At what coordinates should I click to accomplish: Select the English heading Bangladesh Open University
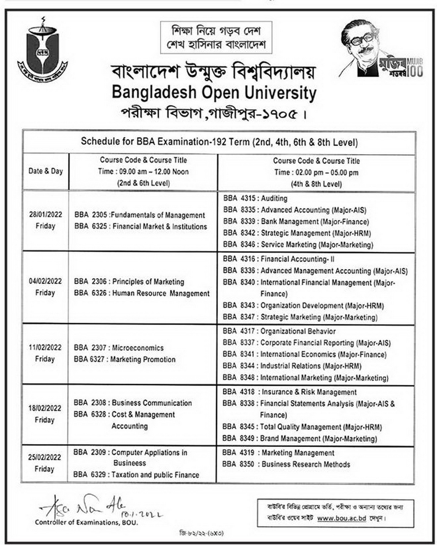[x=214, y=93]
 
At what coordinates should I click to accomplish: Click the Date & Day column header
[x=45, y=171]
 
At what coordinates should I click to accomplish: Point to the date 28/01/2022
[x=45, y=215]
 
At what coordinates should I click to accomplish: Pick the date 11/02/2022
[x=45, y=347]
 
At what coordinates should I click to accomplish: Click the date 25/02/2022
[x=45, y=457]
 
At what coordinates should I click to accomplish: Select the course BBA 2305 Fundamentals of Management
[x=140, y=215]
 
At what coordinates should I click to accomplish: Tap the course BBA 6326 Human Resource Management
[x=141, y=293]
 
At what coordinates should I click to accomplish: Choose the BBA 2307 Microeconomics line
[x=119, y=348]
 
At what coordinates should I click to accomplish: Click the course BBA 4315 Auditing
[x=255, y=198]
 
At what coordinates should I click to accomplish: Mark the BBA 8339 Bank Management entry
[x=296, y=222]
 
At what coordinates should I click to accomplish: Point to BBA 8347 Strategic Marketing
[x=300, y=317]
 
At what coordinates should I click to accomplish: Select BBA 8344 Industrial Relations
[x=292, y=366]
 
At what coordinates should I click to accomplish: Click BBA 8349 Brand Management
[x=299, y=438]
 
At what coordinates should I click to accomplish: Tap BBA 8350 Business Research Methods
[x=286, y=464]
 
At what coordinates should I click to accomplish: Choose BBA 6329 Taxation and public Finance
[x=136, y=475]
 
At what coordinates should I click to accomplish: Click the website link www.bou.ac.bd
[x=341, y=518]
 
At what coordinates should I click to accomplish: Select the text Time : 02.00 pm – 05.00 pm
[x=316, y=173]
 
